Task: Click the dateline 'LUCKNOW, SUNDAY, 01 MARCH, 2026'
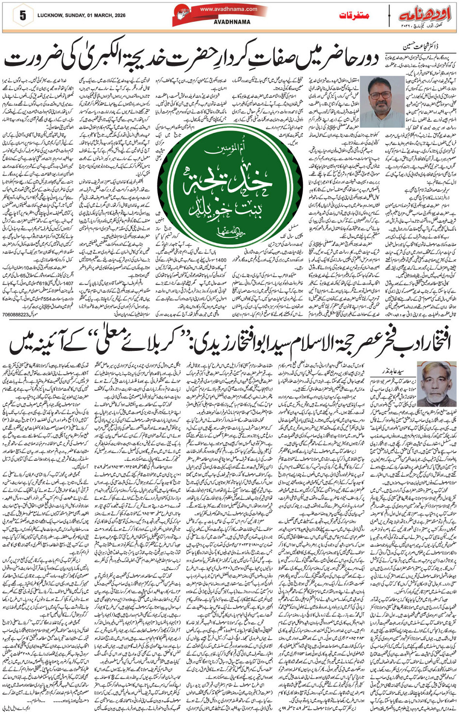[x=81, y=16]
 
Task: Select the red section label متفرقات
[x=354, y=15]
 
